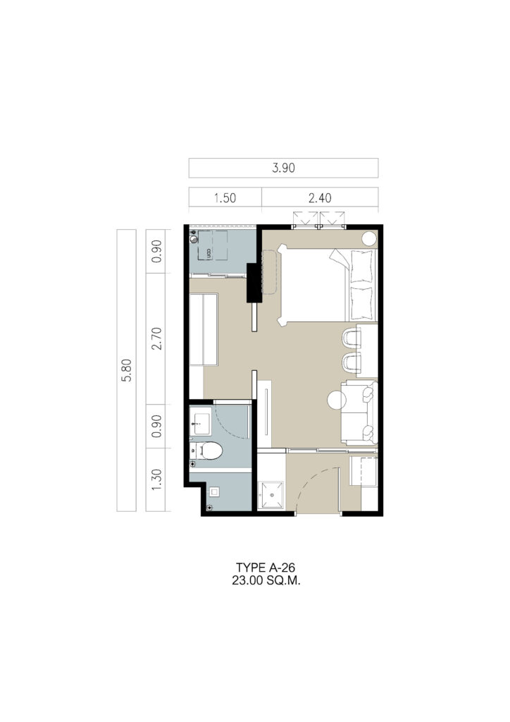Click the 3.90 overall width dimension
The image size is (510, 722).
click(x=283, y=168)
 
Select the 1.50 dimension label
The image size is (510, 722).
click(x=225, y=198)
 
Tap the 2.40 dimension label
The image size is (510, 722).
click(x=320, y=198)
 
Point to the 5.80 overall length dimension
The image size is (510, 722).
click(x=127, y=370)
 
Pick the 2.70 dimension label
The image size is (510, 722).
click(x=156, y=338)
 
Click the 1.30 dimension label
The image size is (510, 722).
click(x=156, y=479)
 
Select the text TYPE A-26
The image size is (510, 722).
click(x=266, y=568)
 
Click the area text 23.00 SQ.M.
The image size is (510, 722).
click(x=266, y=581)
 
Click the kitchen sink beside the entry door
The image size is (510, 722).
click(x=271, y=496)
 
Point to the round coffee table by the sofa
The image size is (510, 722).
click(x=337, y=400)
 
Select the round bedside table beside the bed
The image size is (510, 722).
click(x=369, y=238)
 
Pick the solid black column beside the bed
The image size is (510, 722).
click(x=254, y=282)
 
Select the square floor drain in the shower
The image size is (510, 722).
click(x=214, y=491)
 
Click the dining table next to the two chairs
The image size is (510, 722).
click(x=368, y=350)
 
